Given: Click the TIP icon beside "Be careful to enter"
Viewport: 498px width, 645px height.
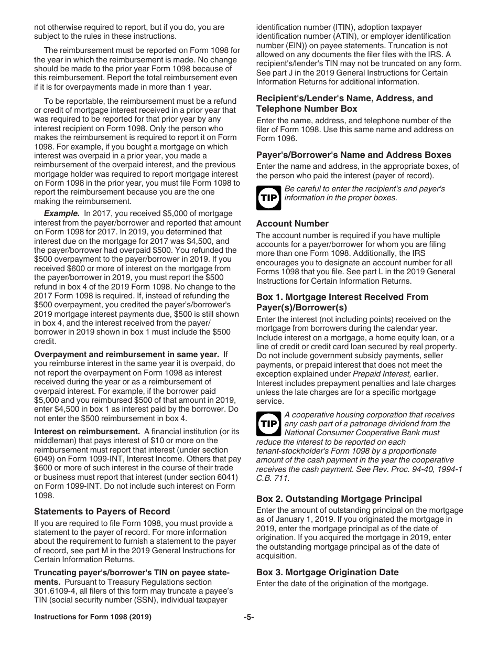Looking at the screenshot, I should coord(269,198).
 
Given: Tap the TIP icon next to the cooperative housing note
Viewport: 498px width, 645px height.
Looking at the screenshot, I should coord(269,424).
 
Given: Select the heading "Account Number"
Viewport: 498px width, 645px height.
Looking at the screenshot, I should coord(293,223).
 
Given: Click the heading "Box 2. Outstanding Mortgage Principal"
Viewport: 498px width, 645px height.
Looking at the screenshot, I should coord(339,499).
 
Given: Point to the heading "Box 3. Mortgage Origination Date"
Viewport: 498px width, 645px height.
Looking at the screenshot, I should coord(327,572).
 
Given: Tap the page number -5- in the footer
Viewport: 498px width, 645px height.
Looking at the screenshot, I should coord(248,617).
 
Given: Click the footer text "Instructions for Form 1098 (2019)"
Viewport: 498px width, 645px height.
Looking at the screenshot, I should coord(93,617).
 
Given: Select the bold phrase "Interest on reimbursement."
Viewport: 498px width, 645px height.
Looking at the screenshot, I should coord(87,432).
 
